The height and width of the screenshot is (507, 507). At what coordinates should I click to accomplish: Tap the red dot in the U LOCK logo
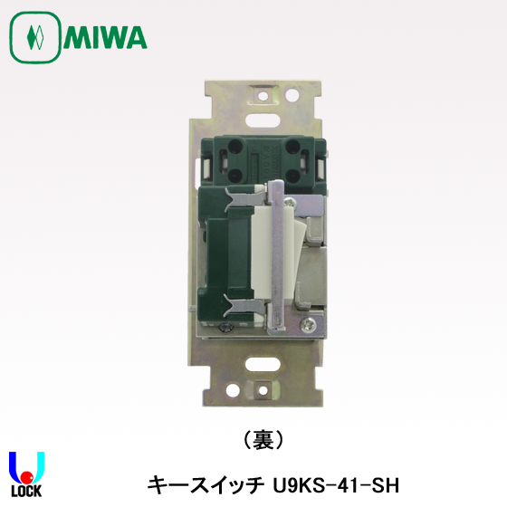tap(28, 476)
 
